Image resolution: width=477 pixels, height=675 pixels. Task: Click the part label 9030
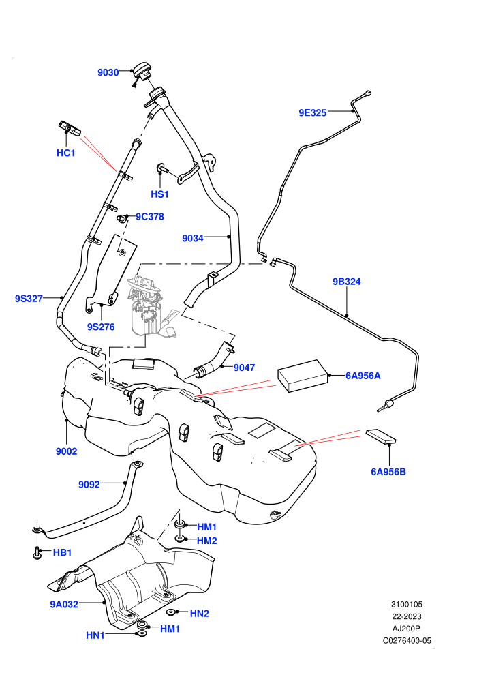[108, 72]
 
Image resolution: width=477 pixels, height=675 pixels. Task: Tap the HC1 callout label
[66, 153]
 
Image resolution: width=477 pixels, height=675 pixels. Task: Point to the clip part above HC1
[70, 128]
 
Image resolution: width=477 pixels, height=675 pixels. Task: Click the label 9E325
[313, 112]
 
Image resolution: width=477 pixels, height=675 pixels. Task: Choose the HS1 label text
[159, 194]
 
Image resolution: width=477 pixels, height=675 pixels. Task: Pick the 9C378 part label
[150, 217]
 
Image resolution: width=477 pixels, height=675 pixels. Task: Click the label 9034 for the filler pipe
[193, 238]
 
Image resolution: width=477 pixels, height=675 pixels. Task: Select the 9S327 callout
[29, 299]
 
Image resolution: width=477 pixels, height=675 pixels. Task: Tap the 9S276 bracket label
[101, 327]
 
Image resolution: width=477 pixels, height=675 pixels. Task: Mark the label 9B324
[347, 282]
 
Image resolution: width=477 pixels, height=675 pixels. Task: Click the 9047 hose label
[245, 367]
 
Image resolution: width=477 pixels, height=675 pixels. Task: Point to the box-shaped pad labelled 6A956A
[303, 376]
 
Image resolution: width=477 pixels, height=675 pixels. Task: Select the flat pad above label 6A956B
[381, 436]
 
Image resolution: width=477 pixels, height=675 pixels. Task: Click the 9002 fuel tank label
[67, 451]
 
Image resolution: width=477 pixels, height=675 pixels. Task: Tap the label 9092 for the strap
[89, 484]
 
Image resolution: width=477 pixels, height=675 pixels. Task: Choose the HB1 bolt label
[63, 552]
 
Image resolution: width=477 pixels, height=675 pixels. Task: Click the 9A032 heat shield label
[64, 604]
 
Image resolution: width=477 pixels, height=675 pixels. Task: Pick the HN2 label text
[200, 614]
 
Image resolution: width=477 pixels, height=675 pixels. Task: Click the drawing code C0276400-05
[407, 640]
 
